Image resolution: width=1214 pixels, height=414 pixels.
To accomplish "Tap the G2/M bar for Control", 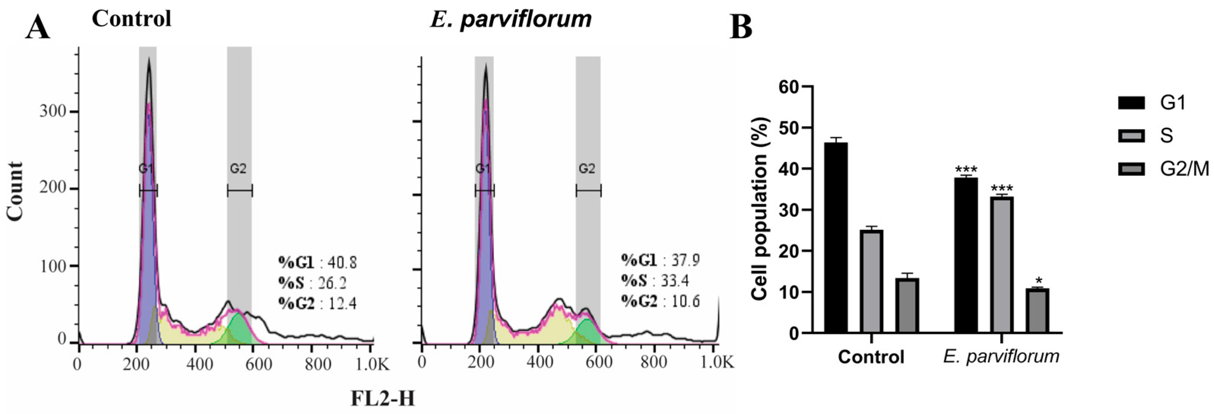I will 907,306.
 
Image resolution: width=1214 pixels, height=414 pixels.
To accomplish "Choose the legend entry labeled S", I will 1166,136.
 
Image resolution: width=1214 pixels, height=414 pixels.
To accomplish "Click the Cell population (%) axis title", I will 760,208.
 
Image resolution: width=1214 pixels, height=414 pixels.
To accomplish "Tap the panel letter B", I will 741,27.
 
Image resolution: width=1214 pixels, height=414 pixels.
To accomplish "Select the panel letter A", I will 38,27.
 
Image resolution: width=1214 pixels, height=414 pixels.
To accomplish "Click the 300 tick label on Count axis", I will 52,112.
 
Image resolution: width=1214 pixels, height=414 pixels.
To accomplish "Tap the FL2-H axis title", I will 383,398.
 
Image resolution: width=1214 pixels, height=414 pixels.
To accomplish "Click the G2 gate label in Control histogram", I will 238,168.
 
